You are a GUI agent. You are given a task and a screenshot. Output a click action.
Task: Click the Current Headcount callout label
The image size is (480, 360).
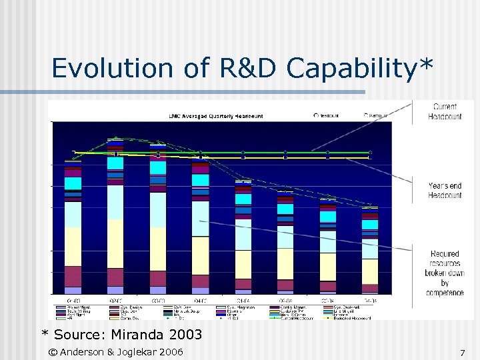point(445,111)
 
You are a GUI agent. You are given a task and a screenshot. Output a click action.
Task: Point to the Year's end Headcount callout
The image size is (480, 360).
point(445,190)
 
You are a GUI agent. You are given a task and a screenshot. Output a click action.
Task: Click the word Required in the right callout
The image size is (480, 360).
point(445,254)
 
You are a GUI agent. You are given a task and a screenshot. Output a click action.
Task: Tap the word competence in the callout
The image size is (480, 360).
point(445,292)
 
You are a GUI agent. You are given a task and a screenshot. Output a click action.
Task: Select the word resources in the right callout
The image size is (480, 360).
point(445,264)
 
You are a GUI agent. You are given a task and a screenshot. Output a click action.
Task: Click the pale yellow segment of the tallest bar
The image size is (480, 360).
point(115,243)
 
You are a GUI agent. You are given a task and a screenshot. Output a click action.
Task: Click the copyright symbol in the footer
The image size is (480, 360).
point(53,352)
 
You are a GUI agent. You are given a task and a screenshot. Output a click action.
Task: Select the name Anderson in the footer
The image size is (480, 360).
point(87,352)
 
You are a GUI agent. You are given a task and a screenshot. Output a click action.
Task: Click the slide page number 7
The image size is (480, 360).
point(462,352)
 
